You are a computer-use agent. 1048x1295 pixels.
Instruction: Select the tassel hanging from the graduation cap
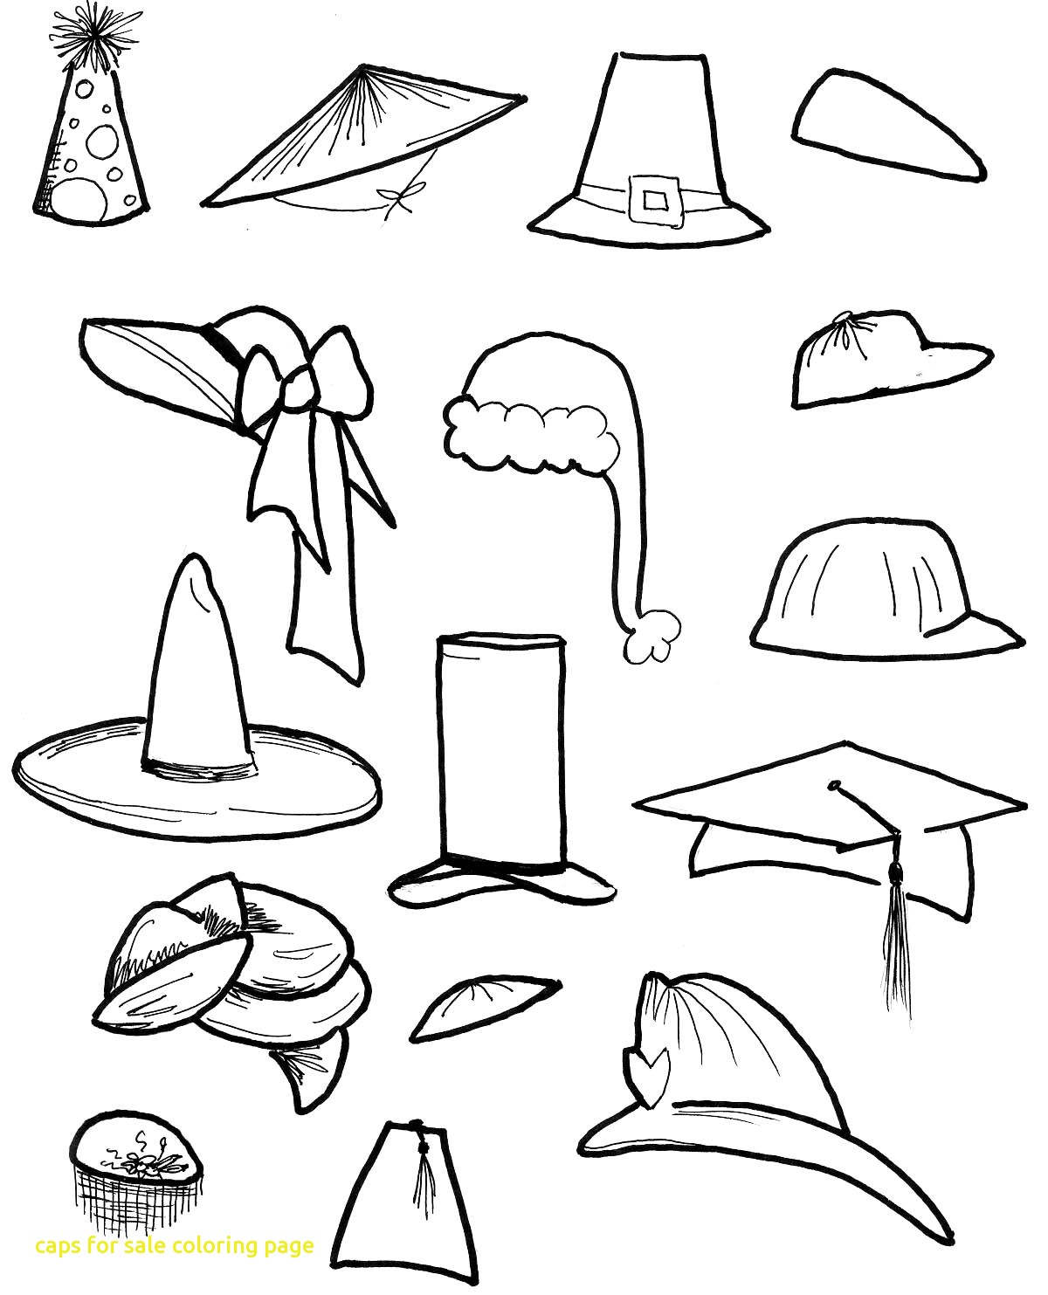[x=893, y=926]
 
